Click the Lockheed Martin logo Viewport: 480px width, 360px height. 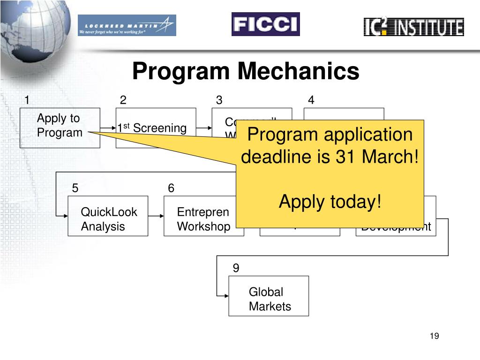(127, 25)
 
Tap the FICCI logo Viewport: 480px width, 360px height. (265, 24)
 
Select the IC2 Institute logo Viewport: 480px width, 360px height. (413, 27)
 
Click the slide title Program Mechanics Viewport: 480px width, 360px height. (246, 72)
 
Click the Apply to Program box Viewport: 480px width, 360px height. (60, 128)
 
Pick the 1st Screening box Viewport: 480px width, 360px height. (156, 128)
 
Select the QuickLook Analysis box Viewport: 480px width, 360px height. (108, 216)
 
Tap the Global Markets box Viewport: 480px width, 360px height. (269, 296)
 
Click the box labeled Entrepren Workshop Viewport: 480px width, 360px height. (203, 216)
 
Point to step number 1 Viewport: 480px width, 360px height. (27, 100)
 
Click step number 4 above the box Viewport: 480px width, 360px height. (311, 100)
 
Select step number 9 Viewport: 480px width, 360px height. (236, 268)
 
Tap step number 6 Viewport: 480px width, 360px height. (171, 188)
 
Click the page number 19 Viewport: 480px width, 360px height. (434, 337)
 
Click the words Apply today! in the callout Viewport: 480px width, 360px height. (330, 202)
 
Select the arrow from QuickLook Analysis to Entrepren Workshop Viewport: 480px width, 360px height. (156, 216)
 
